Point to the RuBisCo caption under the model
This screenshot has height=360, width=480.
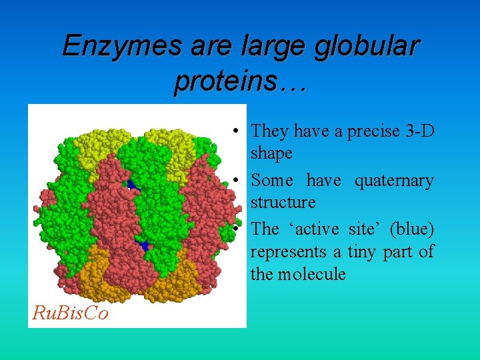coord(70,313)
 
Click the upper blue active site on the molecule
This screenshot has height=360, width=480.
coord(131,184)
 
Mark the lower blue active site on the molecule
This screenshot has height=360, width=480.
coord(143,246)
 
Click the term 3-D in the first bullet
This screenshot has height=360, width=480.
coord(419,131)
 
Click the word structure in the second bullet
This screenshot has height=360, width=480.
coord(283,202)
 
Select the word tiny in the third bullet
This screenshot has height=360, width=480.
coord(363,252)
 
